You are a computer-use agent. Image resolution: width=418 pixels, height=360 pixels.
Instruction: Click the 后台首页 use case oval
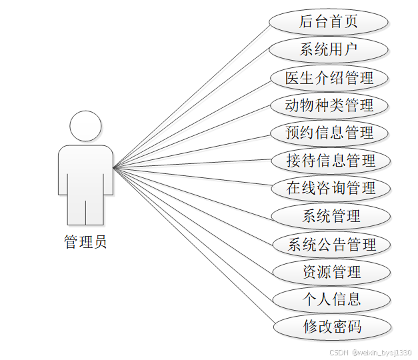point(329,21)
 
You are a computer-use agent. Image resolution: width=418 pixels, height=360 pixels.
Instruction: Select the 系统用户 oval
point(329,49)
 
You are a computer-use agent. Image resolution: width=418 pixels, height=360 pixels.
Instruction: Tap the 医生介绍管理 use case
point(329,77)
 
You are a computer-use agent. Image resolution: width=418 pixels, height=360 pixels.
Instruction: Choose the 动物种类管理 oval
point(329,105)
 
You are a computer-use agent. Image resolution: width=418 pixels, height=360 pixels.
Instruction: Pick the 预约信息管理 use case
point(330,133)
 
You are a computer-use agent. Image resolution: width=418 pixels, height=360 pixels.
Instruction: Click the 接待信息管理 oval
point(331,161)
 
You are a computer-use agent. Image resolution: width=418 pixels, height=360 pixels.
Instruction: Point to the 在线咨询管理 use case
point(331,188)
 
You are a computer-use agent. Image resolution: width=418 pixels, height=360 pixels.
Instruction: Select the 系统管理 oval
point(331,216)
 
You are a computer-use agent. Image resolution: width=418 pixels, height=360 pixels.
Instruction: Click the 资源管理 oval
point(331,271)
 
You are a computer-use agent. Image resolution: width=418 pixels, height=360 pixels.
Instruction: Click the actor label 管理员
point(85,242)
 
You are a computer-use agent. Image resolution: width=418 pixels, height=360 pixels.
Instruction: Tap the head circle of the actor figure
point(86,126)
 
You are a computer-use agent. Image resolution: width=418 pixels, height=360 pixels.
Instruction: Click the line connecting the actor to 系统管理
point(193,191)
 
